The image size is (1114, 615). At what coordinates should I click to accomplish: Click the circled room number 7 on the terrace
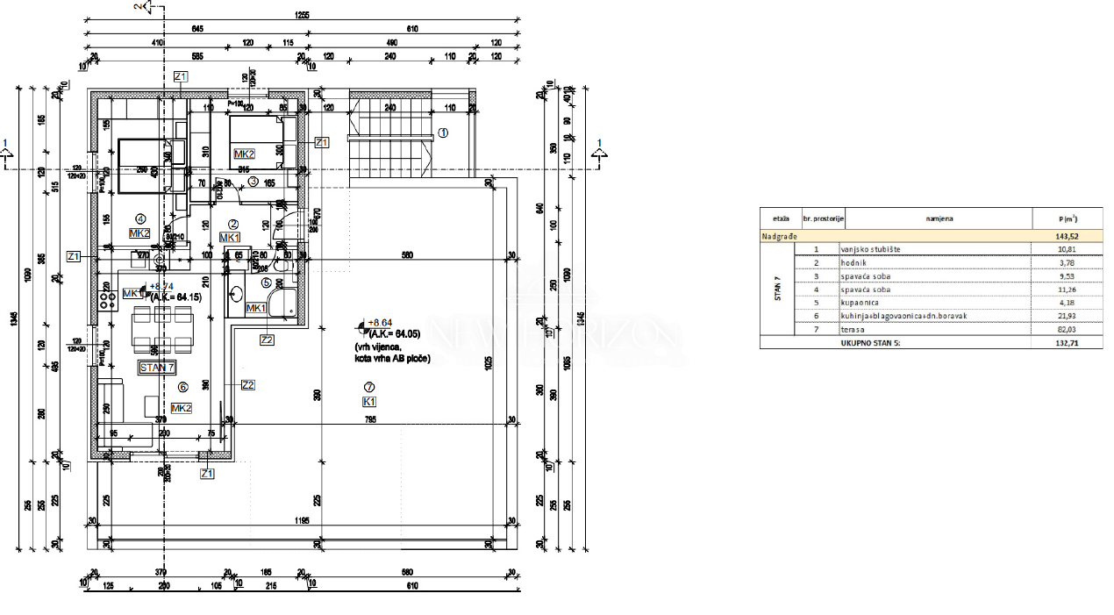point(369,386)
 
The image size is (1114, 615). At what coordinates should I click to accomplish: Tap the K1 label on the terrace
point(369,402)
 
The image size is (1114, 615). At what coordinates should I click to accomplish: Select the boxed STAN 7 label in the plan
point(158,368)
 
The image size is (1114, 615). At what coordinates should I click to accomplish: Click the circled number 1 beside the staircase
point(443,133)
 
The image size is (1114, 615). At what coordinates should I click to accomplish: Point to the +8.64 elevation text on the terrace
point(383,323)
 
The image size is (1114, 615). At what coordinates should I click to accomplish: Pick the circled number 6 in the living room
point(182,387)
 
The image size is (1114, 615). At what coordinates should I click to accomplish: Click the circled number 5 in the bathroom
point(267,282)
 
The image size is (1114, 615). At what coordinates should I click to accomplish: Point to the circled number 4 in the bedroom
point(139,218)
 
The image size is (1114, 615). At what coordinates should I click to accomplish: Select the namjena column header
point(939,218)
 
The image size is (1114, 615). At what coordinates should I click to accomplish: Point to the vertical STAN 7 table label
point(776,289)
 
